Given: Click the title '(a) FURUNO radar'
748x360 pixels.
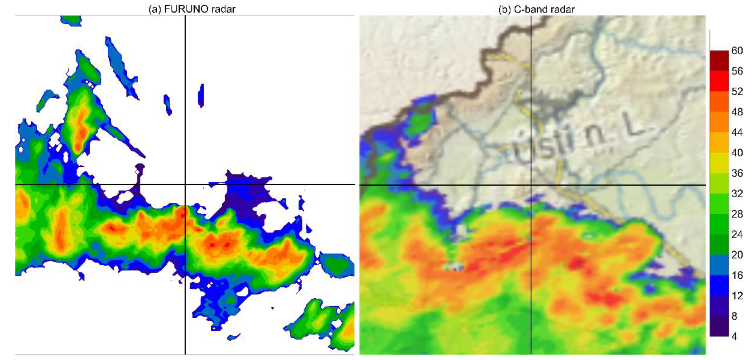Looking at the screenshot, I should coord(192,9).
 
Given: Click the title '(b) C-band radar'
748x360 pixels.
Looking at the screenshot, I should coord(536,9).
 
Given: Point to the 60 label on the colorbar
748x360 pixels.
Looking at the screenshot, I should coord(737,50).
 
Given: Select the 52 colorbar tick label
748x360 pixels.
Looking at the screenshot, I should coord(737,92).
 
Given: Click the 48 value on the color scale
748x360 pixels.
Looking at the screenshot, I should coord(737,112).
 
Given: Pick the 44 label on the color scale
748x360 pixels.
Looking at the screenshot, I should coord(737,132).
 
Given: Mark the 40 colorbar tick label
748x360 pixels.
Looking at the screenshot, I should coord(737,153).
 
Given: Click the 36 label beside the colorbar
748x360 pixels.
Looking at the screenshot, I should coord(737,173).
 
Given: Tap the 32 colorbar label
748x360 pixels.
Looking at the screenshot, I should coord(737,193).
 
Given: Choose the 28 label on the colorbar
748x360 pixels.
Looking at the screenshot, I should coord(737,214).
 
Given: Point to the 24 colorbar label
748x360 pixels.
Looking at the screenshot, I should coord(737,234).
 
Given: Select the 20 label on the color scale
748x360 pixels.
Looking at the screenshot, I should coord(737,255).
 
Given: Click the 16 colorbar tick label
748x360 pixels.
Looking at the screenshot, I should coord(737,275).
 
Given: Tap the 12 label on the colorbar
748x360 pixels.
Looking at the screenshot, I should coord(737,296).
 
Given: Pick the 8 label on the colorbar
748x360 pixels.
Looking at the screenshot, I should coord(734,316).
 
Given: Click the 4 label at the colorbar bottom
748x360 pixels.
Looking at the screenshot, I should coord(734,336).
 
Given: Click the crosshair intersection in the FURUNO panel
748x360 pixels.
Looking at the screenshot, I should coord(185,184).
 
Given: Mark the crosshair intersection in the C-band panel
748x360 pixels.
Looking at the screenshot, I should coord(531,185).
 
